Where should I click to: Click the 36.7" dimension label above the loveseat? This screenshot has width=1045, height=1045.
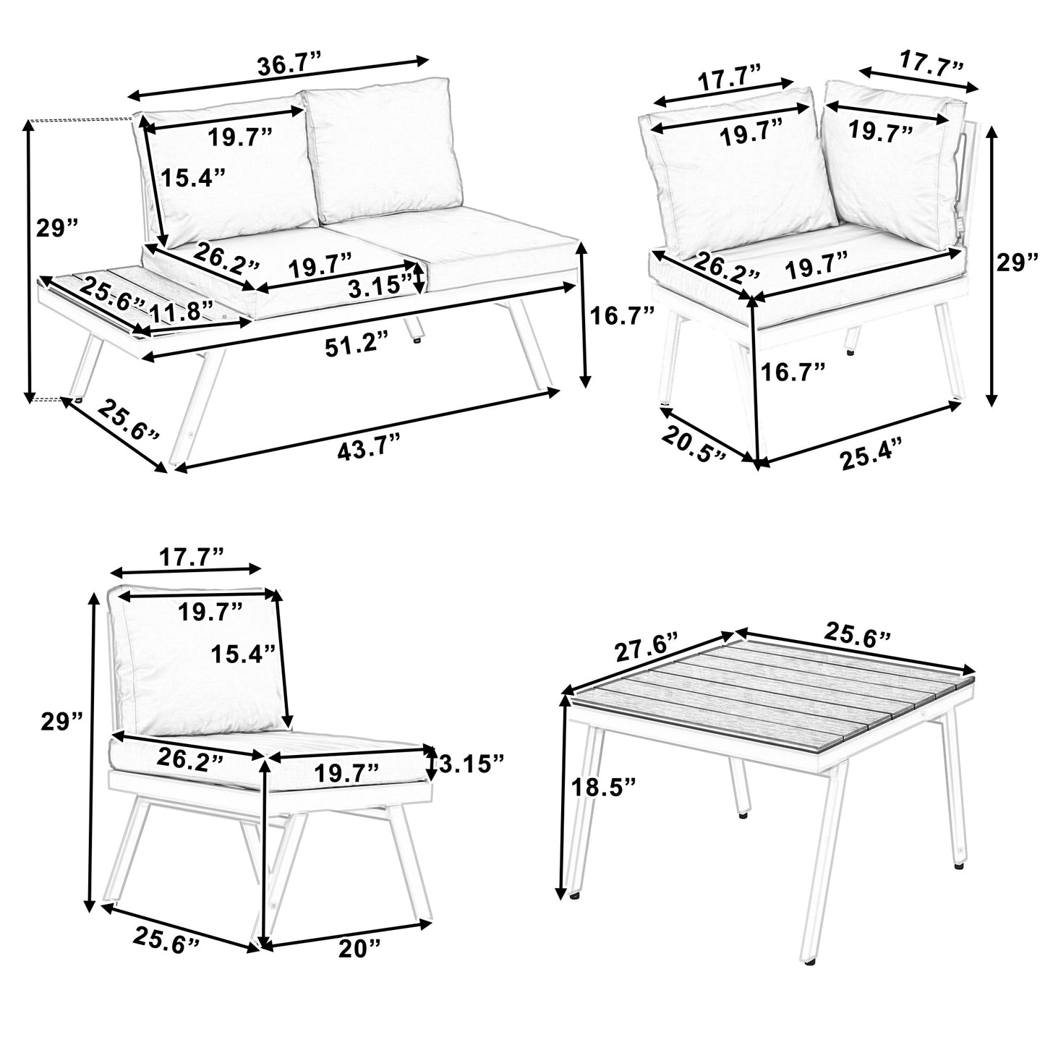pos(289,66)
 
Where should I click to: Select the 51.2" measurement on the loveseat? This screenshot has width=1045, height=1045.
pos(355,346)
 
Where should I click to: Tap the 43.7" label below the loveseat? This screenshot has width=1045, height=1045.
pos(367,448)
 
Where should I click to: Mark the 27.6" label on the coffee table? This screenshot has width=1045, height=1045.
pos(647,648)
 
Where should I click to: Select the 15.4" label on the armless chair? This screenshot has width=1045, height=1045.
pos(242,654)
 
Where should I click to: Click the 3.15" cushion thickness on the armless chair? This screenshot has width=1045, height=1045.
pos(471,761)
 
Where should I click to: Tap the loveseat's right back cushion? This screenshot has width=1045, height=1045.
pos(382,148)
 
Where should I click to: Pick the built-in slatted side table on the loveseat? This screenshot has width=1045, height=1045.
pos(137,300)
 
